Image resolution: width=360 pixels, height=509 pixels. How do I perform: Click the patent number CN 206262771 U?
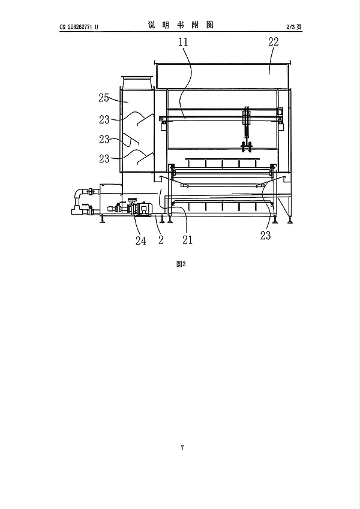pyautogui.click(x=79, y=27)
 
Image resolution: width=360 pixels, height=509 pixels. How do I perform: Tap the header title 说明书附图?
pyautogui.click(x=181, y=25)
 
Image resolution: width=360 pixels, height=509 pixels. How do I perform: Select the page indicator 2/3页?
pyautogui.click(x=294, y=27)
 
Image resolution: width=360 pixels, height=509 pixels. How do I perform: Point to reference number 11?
pyautogui.click(x=183, y=42)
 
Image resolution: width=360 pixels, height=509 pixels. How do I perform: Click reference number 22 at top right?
pyautogui.click(x=273, y=41)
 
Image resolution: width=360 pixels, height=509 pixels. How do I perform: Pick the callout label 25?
pyautogui.click(x=104, y=98)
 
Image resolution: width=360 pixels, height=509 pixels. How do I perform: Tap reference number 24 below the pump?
pyautogui.click(x=140, y=241)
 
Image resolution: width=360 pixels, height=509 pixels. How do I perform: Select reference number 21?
pyautogui.click(x=187, y=240)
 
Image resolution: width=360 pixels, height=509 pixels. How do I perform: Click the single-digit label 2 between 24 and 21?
pyautogui.click(x=161, y=240)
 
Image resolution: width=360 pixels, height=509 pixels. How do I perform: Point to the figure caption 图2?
pyautogui.click(x=181, y=264)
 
